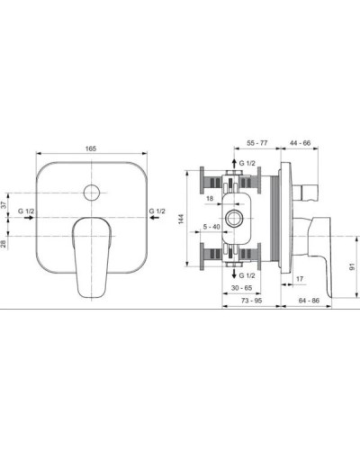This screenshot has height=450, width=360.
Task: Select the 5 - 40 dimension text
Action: (212, 228)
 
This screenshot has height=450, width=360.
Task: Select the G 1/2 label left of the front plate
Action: (27, 211)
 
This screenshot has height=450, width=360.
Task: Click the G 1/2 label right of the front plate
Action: (156, 211)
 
